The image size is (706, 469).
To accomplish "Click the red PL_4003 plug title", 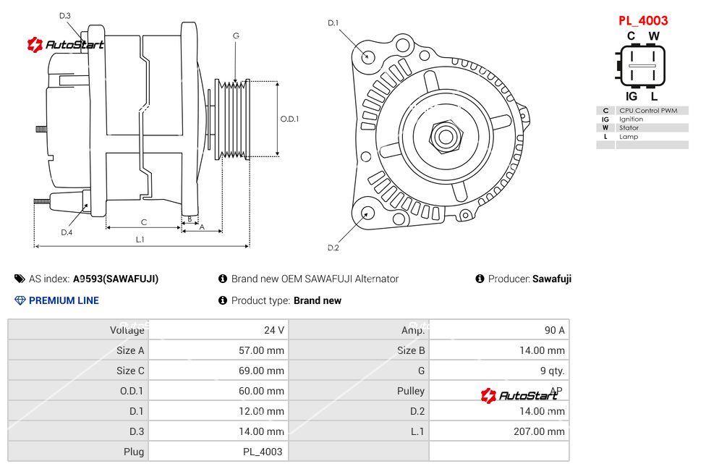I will click(x=643, y=20).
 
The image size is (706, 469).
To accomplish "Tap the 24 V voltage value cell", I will click(x=273, y=330).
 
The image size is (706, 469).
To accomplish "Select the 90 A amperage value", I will click(x=554, y=330).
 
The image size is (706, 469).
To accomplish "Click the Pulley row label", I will click(x=411, y=391).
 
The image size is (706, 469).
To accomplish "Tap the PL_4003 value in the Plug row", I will click(x=263, y=452).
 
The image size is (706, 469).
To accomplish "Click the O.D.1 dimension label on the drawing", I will click(x=289, y=119).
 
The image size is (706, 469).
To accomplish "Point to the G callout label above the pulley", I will click(x=236, y=35).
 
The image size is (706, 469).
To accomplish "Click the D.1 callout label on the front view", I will click(x=333, y=23).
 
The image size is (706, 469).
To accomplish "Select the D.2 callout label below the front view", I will click(x=333, y=248).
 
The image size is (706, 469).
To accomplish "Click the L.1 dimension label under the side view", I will click(x=140, y=240).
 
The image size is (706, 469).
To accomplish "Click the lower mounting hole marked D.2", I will click(x=367, y=213).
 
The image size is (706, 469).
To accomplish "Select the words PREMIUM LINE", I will click(x=64, y=300).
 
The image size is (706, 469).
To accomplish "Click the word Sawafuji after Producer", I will click(x=552, y=279).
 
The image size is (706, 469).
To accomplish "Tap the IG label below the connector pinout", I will click(x=631, y=96).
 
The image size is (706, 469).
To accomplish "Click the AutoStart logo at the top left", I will click(x=66, y=45).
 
